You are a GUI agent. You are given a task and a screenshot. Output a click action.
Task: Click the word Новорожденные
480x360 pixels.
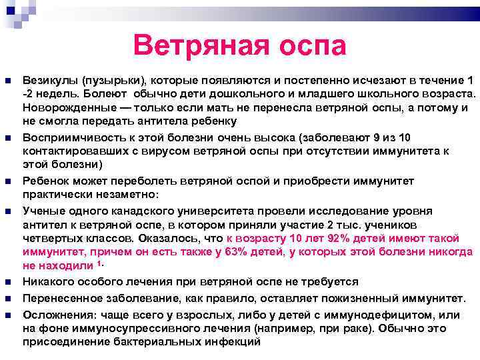click(x=63, y=108)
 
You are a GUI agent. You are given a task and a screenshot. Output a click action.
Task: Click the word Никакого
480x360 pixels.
click(x=48, y=282)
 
